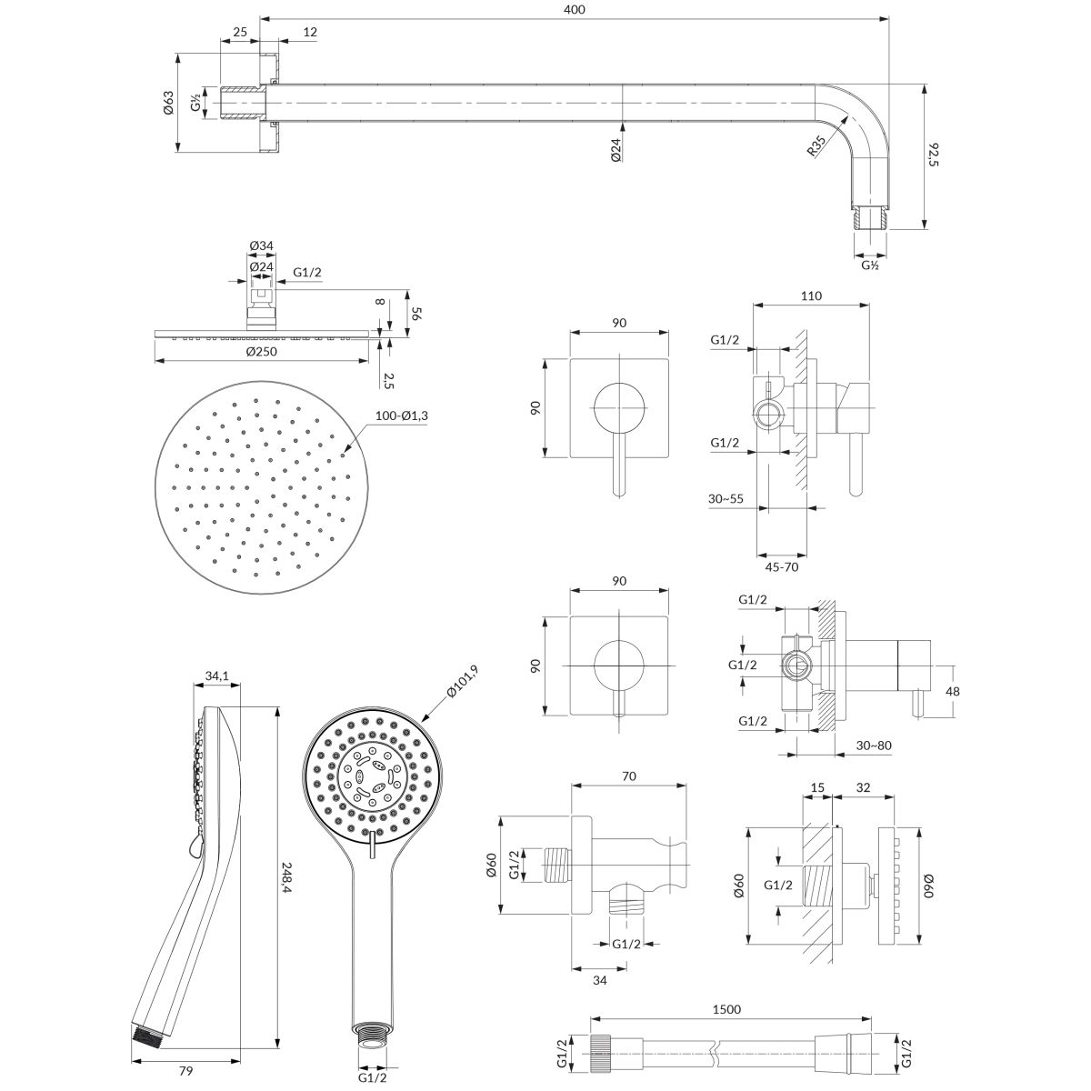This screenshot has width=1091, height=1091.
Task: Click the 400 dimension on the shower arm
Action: coord(575,9)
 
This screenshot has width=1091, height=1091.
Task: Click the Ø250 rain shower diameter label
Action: coord(265,352)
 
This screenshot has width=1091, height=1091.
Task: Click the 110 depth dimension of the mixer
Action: coord(812,295)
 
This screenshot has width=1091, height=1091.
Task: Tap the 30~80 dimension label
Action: coord(874,746)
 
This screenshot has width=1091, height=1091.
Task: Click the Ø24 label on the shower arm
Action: coord(616,150)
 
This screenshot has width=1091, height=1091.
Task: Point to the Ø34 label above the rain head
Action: coord(263,245)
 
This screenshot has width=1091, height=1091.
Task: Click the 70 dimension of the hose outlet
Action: coord(627,777)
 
